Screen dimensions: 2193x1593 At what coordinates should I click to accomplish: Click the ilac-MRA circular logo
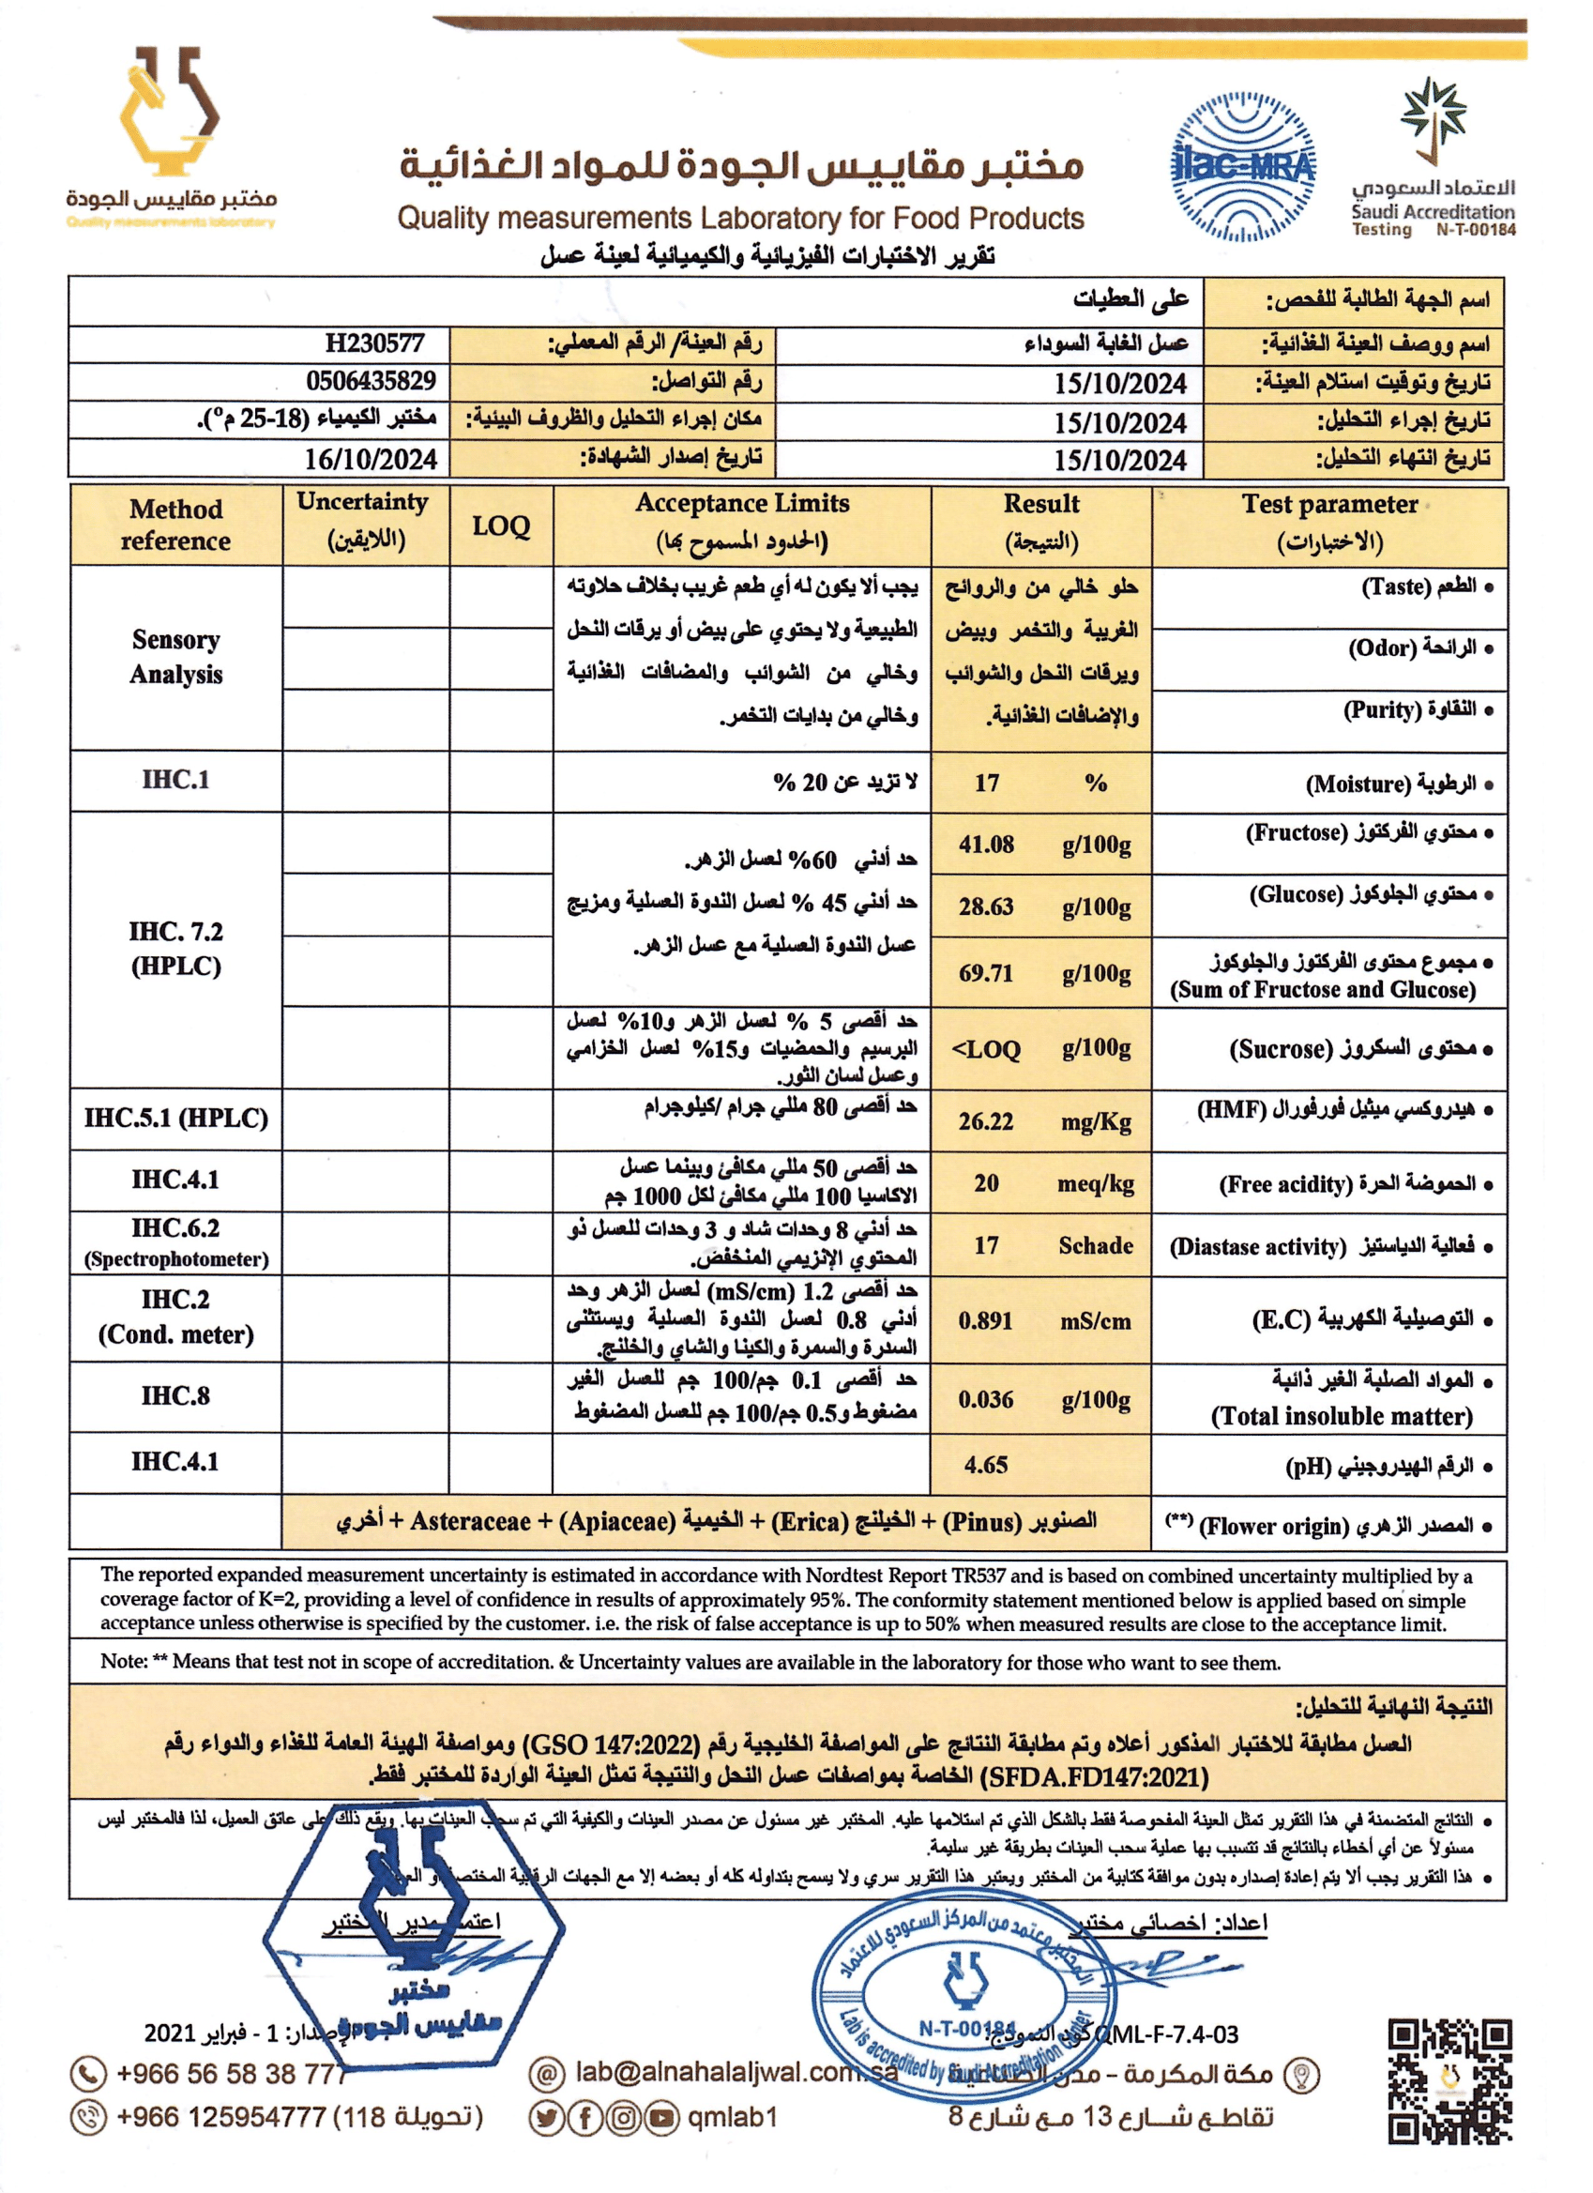point(1242,166)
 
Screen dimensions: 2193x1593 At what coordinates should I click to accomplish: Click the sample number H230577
point(374,343)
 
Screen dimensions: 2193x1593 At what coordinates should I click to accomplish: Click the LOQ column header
point(501,527)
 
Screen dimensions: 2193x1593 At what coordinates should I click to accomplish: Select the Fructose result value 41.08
point(986,845)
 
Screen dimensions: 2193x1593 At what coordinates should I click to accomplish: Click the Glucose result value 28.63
point(986,907)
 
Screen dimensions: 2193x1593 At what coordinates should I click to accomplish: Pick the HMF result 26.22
point(986,1121)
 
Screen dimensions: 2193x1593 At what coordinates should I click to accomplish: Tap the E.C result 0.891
point(985,1321)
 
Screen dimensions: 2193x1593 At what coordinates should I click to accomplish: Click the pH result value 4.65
point(986,1465)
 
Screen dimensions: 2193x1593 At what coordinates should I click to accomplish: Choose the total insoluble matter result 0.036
point(986,1399)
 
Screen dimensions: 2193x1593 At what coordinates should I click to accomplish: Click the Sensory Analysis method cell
point(176,658)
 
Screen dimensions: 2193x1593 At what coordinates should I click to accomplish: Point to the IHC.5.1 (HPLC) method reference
point(176,1119)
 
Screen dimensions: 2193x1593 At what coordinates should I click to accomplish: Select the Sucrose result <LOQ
point(986,1050)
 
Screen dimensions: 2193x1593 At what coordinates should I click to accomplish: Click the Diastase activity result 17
point(986,1245)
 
